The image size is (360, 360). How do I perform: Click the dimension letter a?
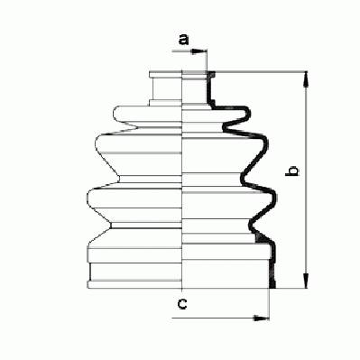pos(183,40)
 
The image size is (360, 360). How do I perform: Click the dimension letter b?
pos(292,171)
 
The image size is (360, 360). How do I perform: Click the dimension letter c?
pos(182,304)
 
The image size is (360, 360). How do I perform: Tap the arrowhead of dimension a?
pos(198,51)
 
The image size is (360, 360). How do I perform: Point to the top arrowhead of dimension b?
pos(306,79)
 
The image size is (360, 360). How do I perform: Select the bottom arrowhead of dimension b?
pos(306,281)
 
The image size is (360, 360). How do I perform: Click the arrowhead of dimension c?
pos(261,318)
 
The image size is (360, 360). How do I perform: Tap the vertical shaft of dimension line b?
pos(306,180)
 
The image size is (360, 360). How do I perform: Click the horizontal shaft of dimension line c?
pos(220,318)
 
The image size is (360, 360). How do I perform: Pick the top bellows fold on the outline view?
pos(147,114)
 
